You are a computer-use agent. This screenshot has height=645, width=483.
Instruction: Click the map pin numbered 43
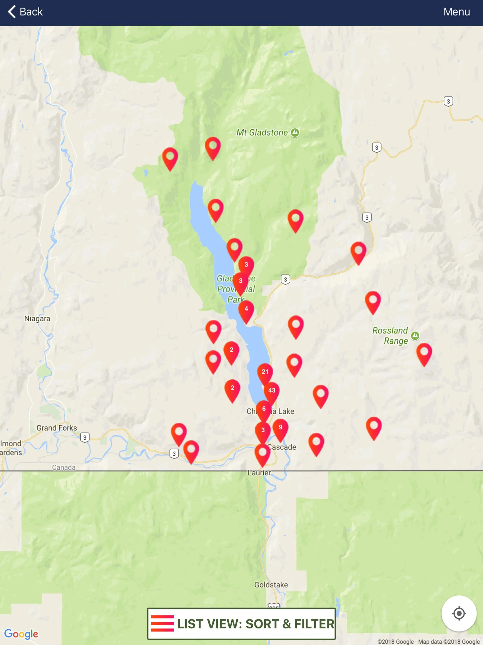271,390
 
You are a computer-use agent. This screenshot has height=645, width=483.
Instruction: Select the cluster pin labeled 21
265,372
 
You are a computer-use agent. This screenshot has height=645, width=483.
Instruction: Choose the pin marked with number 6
264,409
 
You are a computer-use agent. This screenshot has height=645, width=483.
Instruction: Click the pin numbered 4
246,309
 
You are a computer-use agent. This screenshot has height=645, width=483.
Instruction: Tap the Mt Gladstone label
262,133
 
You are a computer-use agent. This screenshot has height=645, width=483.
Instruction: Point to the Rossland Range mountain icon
415,336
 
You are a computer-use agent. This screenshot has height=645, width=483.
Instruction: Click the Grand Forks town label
57,428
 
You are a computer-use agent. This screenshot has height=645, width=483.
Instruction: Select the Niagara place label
37,319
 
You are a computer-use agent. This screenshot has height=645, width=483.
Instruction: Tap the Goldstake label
271,585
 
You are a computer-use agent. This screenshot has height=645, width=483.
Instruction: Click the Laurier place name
259,473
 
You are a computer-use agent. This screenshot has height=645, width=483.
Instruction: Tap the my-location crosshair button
459,613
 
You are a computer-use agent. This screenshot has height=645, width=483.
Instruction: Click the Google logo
21,634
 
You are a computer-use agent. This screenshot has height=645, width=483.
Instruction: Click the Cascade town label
282,447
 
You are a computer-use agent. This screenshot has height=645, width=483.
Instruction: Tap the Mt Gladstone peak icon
295,133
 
